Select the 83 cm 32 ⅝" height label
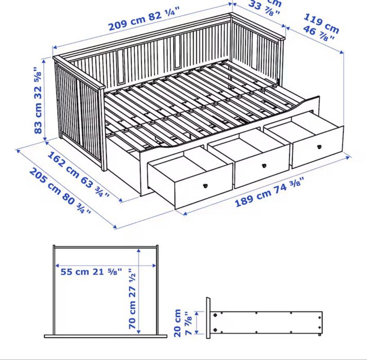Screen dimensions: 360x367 [x=38, y=99]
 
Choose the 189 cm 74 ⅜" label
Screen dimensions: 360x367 [x=270, y=191]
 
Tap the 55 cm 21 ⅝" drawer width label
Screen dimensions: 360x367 [x=91, y=272]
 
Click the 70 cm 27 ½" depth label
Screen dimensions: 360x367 [x=133, y=299]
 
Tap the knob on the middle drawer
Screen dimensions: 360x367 [x=264, y=166]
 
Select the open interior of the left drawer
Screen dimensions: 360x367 [x=188, y=165]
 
